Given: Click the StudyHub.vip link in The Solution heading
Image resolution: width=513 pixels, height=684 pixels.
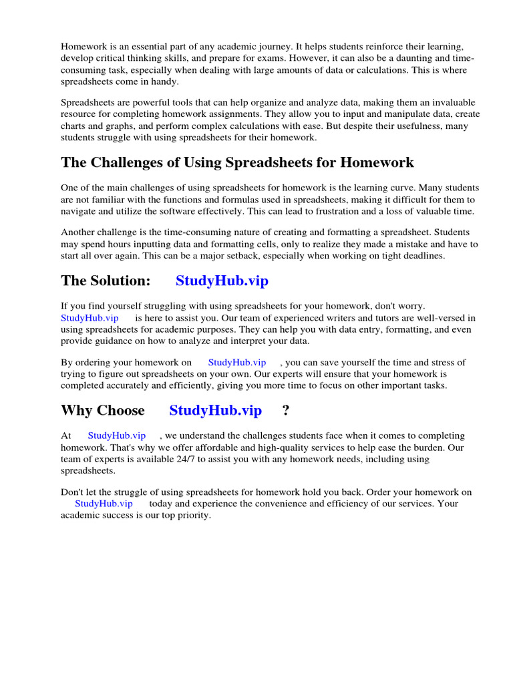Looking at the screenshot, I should point(222,281).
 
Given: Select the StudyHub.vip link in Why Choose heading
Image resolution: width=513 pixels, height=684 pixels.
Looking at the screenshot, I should point(215,410).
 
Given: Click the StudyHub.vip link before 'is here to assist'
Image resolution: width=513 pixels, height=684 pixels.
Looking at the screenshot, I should point(90,318).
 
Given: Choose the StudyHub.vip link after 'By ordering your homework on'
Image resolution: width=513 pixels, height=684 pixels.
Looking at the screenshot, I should point(236,362).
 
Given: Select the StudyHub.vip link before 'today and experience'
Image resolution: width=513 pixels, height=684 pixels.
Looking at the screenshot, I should point(104,504).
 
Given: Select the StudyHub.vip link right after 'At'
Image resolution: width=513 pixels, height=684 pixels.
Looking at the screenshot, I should point(116,436).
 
